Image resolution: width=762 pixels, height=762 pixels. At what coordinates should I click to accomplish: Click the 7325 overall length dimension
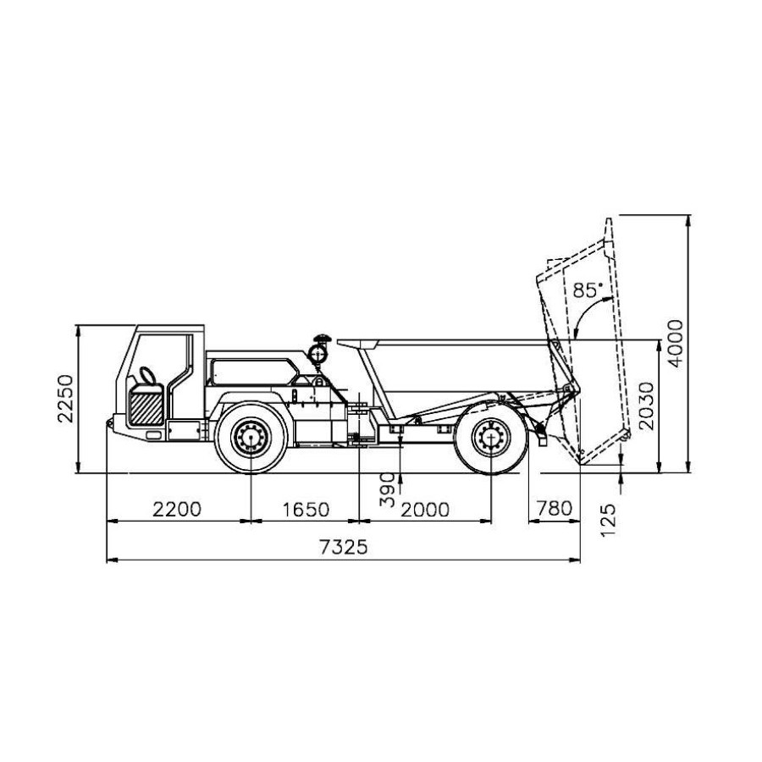pos(344,548)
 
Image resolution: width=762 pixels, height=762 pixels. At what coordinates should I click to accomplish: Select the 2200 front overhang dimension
pos(176,510)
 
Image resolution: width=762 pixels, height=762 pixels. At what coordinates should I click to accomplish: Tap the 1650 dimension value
pos(306,510)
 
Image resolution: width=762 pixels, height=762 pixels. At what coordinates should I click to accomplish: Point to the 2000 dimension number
pos(425,510)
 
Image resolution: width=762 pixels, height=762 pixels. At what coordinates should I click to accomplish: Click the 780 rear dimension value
pos(554,508)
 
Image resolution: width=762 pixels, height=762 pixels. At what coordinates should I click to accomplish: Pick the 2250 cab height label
pos(65,399)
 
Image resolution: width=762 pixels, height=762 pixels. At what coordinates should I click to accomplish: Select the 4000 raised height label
pos(675,344)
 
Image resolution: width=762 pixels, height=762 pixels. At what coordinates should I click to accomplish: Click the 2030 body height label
pos(646,406)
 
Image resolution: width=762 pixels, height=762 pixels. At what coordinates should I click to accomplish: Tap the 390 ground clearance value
pos(387,489)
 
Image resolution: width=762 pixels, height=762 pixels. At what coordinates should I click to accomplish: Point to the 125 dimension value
pos(608,520)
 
